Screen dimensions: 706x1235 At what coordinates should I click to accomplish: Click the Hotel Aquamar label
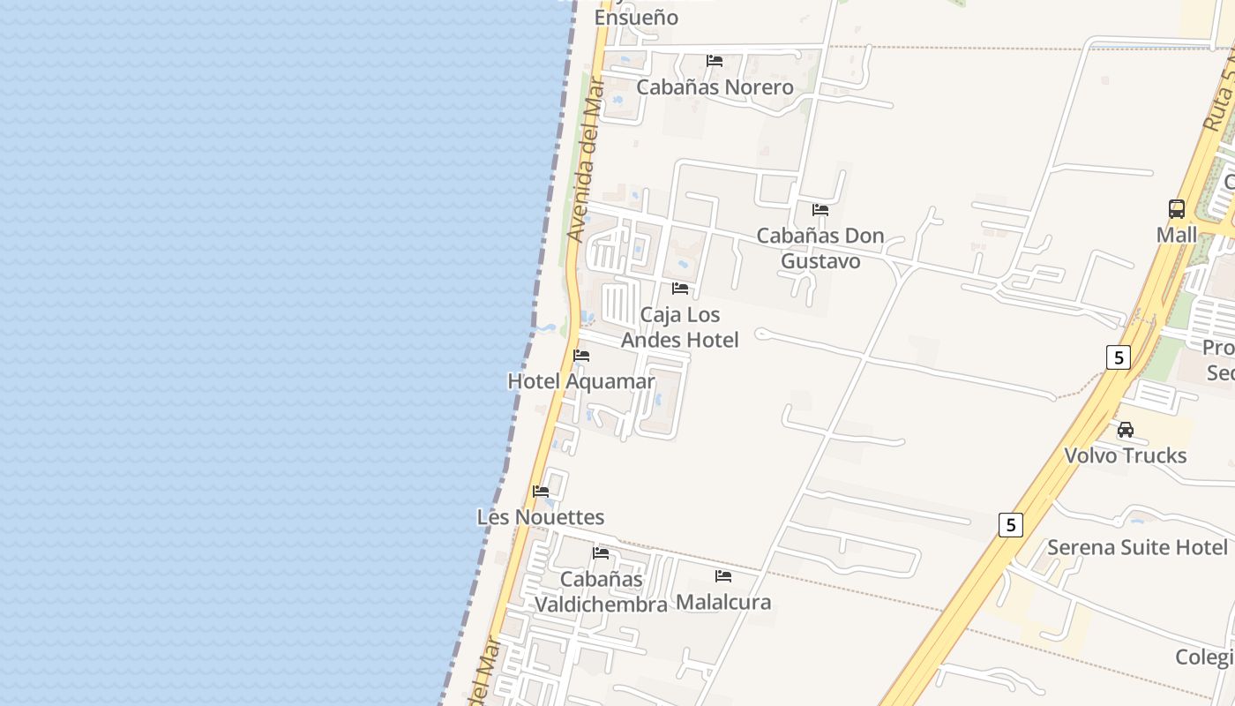click(x=580, y=381)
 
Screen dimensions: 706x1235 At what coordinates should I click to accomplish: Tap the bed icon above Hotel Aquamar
click(x=581, y=356)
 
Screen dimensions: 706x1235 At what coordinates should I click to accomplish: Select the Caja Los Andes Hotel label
click(x=679, y=327)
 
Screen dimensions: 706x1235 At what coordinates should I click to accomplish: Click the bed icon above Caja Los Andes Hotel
click(x=680, y=289)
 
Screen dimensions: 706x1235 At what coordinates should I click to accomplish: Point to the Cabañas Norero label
click(x=715, y=87)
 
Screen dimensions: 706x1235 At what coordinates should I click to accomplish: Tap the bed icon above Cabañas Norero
click(x=715, y=61)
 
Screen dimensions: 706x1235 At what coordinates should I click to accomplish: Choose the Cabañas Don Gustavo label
click(x=820, y=249)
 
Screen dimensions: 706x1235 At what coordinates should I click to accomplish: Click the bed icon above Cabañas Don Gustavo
click(x=820, y=210)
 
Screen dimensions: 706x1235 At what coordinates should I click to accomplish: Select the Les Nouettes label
click(x=540, y=517)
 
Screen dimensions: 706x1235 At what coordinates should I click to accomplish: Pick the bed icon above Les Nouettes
click(x=541, y=492)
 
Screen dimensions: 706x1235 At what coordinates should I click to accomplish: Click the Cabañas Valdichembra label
click(x=601, y=592)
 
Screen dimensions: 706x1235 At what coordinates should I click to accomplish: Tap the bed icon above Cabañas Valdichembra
click(x=601, y=553)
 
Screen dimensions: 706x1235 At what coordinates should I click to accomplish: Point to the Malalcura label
click(x=723, y=602)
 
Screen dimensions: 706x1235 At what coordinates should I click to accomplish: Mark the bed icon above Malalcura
click(x=723, y=576)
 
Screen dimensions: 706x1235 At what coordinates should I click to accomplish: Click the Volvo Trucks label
click(x=1125, y=455)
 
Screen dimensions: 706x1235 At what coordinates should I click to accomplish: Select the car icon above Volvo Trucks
click(x=1126, y=430)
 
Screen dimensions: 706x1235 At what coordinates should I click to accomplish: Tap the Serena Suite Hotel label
click(x=1137, y=547)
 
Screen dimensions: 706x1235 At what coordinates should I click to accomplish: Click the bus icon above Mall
click(x=1177, y=209)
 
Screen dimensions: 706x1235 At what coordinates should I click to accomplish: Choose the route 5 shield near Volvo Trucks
click(x=1118, y=357)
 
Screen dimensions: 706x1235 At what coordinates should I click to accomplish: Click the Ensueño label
click(x=636, y=18)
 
